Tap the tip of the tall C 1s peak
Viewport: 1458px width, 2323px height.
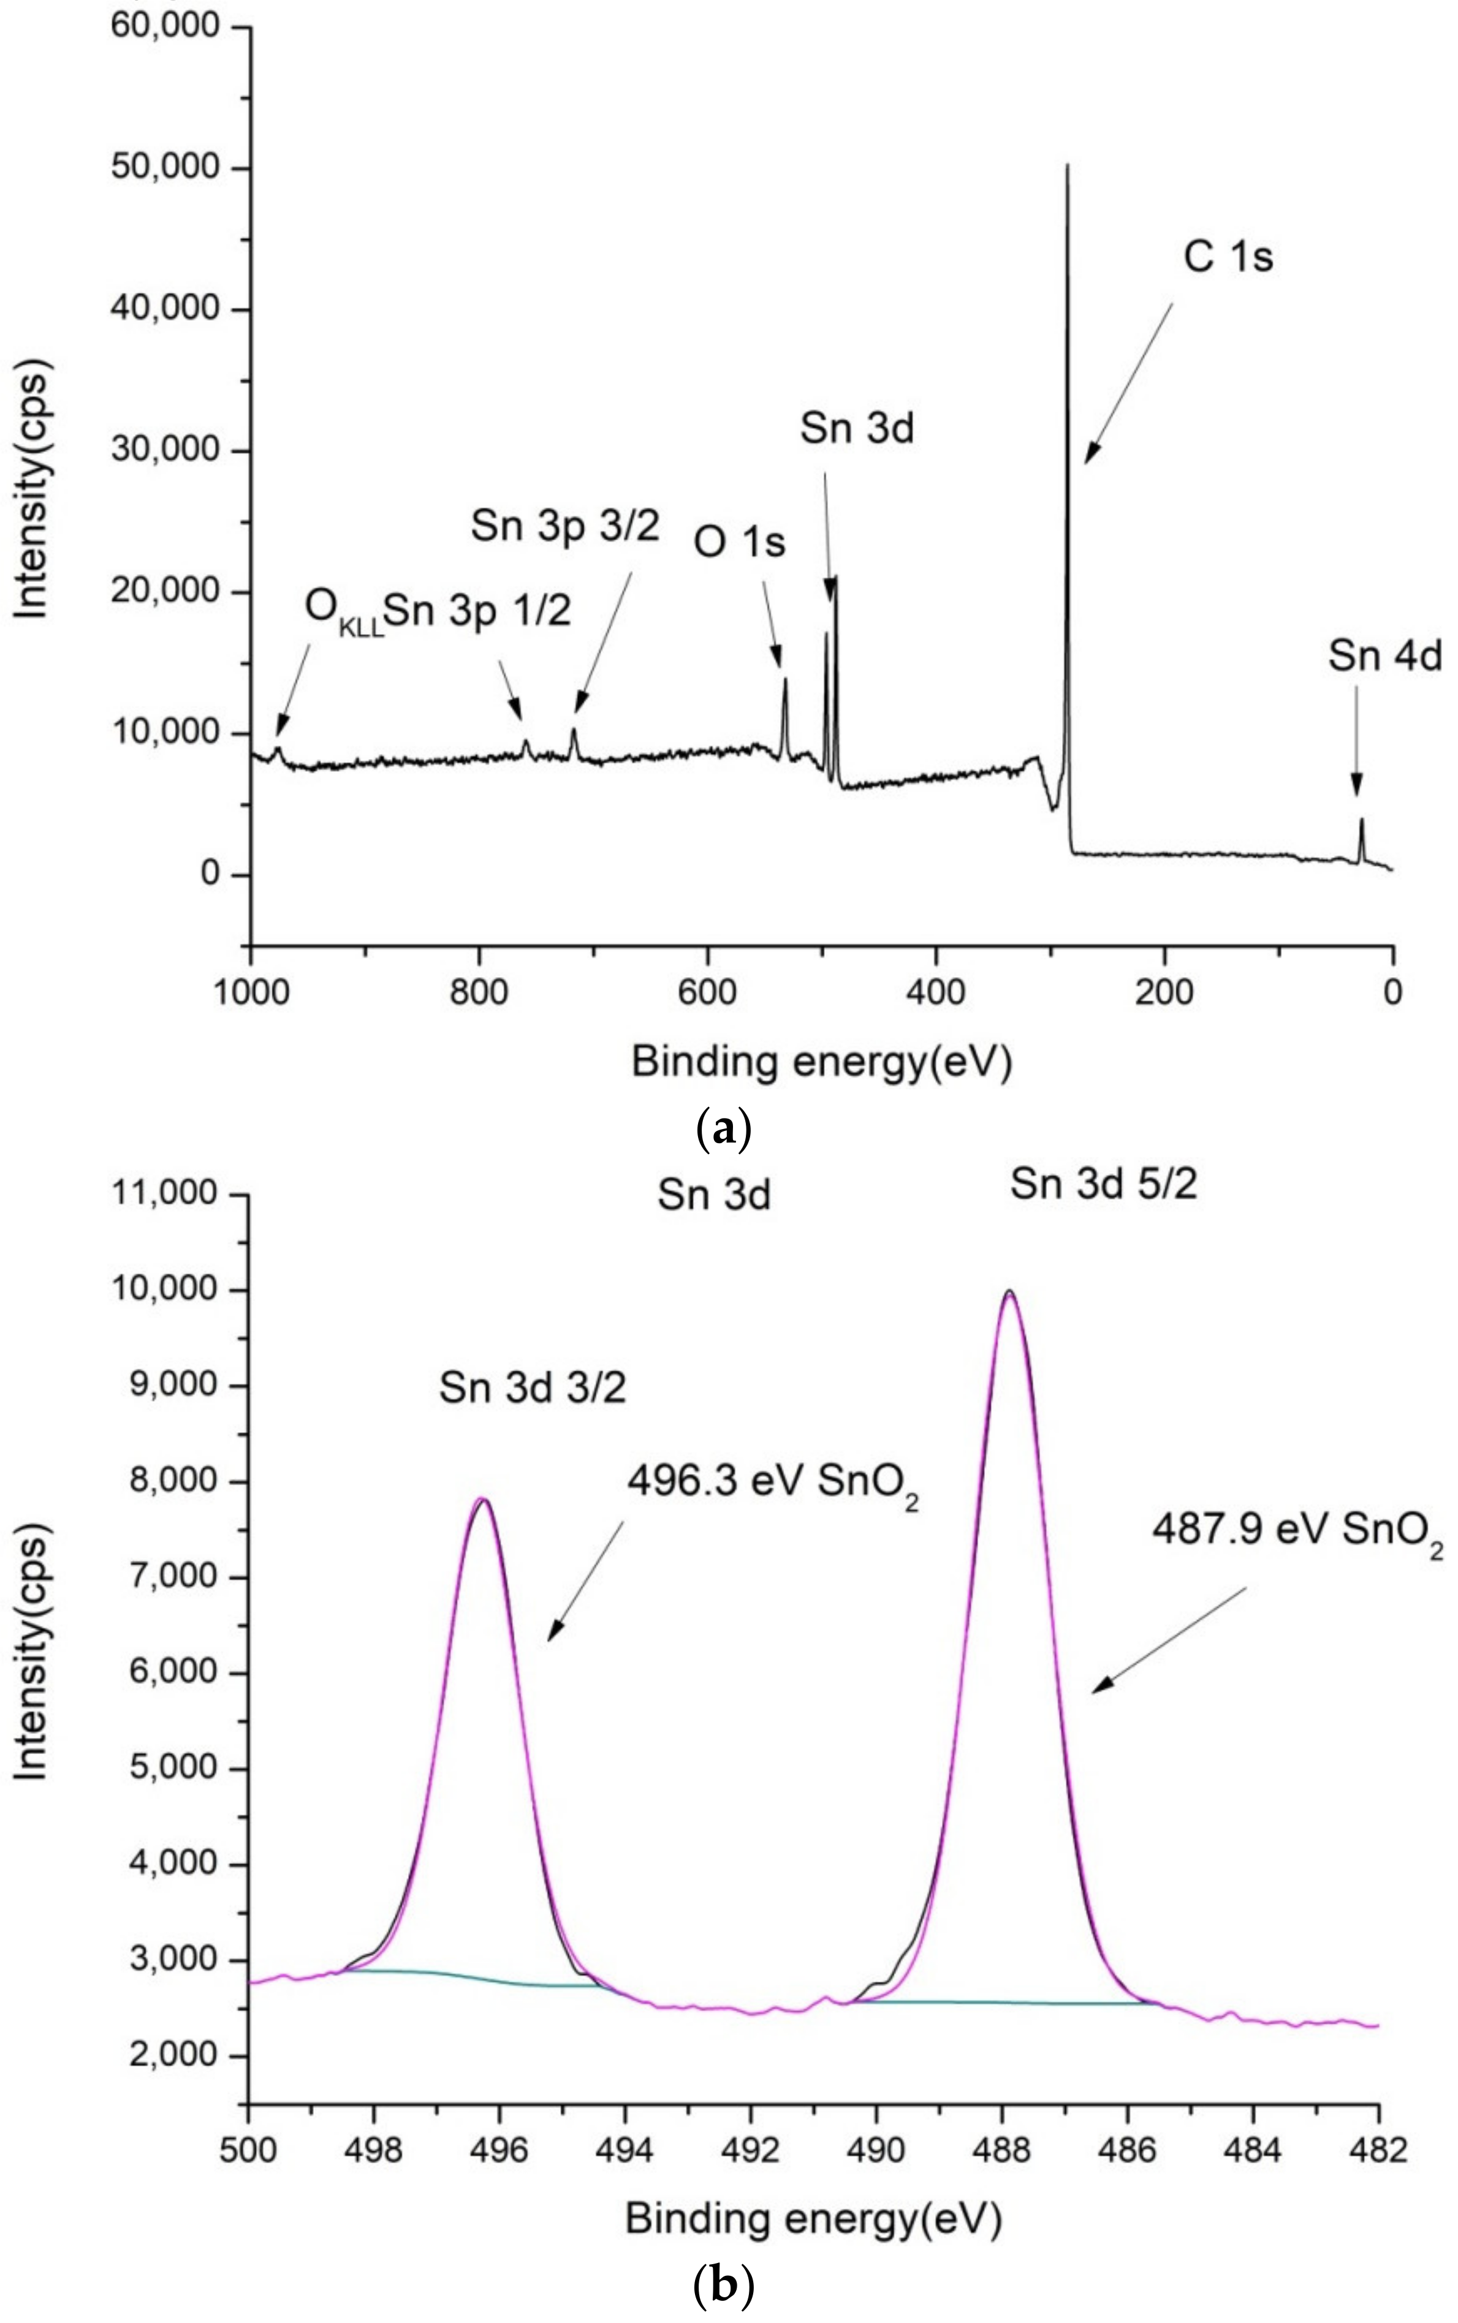coord(1066,166)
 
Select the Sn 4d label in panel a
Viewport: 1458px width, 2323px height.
coord(1384,657)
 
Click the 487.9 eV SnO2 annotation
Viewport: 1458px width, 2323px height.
coord(1297,1531)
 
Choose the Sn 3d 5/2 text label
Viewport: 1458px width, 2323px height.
coord(1103,1184)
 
